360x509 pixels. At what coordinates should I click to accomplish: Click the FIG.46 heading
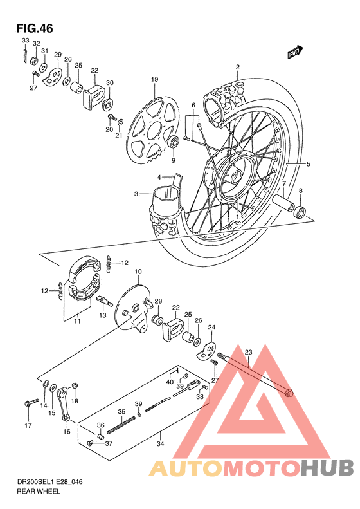click(35, 28)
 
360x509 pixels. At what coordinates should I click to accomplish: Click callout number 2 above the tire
click(237, 68)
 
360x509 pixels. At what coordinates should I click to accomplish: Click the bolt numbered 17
click(28, 405)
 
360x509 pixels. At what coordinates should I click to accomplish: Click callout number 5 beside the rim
click(308, 164)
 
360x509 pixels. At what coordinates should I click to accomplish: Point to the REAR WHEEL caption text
click(39, 491)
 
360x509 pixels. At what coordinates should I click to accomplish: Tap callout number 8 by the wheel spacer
click(300, 191)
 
